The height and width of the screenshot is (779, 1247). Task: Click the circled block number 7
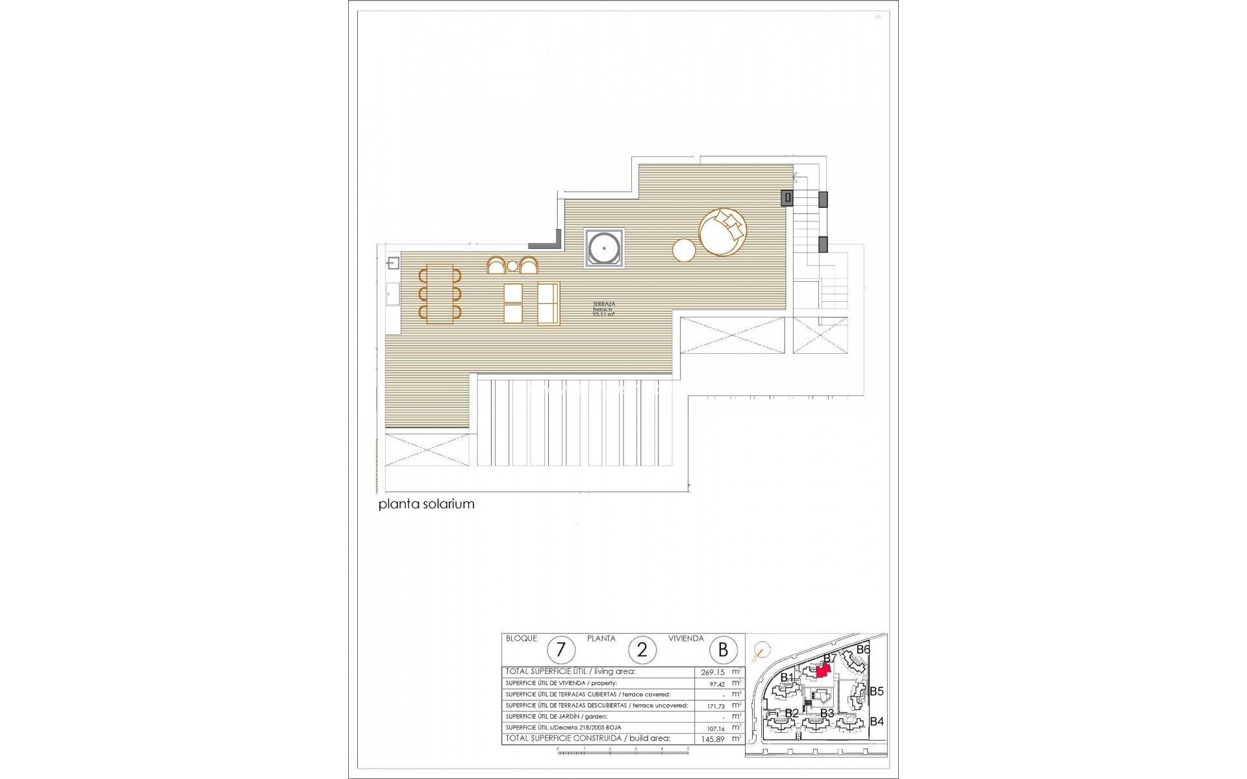561,650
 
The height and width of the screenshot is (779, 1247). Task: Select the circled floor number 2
642,650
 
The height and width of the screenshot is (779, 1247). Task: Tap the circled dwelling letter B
723,650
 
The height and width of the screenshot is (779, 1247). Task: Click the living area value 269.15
713,673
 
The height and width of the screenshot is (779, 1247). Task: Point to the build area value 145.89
713,739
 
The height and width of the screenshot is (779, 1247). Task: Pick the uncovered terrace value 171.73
716,706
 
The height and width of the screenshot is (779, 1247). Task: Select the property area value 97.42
717,684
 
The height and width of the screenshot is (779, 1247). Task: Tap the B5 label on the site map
876,691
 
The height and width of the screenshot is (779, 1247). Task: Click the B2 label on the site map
792,713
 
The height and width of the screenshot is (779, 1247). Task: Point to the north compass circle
762,649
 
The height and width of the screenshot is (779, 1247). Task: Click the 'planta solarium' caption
427,504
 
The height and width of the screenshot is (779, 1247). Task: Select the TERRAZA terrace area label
604,309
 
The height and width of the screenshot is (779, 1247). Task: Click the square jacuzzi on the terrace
604,247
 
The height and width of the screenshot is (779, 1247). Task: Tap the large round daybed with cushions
723,232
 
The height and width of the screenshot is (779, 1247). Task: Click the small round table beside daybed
684,250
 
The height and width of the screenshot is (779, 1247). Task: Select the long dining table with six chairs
440,293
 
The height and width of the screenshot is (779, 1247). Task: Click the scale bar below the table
622,751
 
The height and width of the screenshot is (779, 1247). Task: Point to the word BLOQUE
522,639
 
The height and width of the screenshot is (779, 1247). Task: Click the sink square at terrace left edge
393,263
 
